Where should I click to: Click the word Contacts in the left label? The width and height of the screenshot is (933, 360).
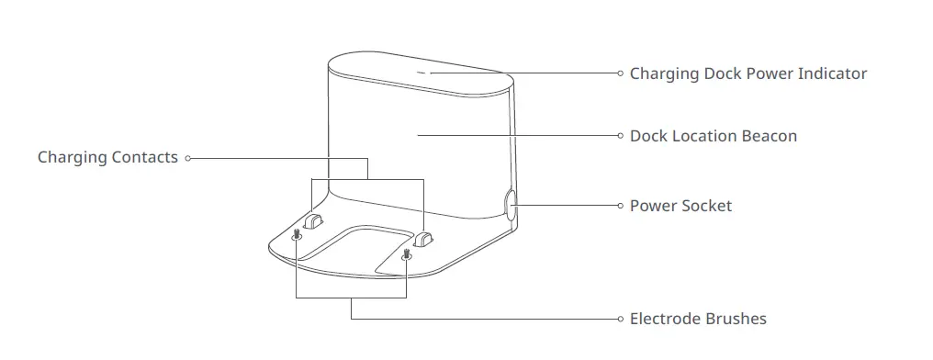(x=145, y=158)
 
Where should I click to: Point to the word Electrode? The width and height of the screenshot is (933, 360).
(x=665, y=320)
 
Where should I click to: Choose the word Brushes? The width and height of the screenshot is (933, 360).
(x=736, y=320)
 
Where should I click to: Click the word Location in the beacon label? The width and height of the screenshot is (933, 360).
(x=705, y=136)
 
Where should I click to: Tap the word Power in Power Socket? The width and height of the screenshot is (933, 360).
(x=651, y=206)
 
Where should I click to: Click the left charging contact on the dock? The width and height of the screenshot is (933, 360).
(x=315, y=221)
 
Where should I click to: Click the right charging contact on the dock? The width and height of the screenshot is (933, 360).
(x=422, y=239)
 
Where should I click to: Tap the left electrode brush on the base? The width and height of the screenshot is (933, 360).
(x=297, y=236)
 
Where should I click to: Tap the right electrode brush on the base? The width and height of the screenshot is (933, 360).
(x=406, y=253)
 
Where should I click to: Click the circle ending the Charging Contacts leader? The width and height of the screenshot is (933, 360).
(x=187, y=158)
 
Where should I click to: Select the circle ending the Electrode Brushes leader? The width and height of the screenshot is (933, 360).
(x=620, y=320)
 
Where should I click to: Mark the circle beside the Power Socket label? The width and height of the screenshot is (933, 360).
(x=620, y=206)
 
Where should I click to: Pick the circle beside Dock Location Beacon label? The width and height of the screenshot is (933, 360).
(x=620, y=136)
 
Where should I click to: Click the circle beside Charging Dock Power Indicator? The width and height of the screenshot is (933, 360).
(x=620, y=73)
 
